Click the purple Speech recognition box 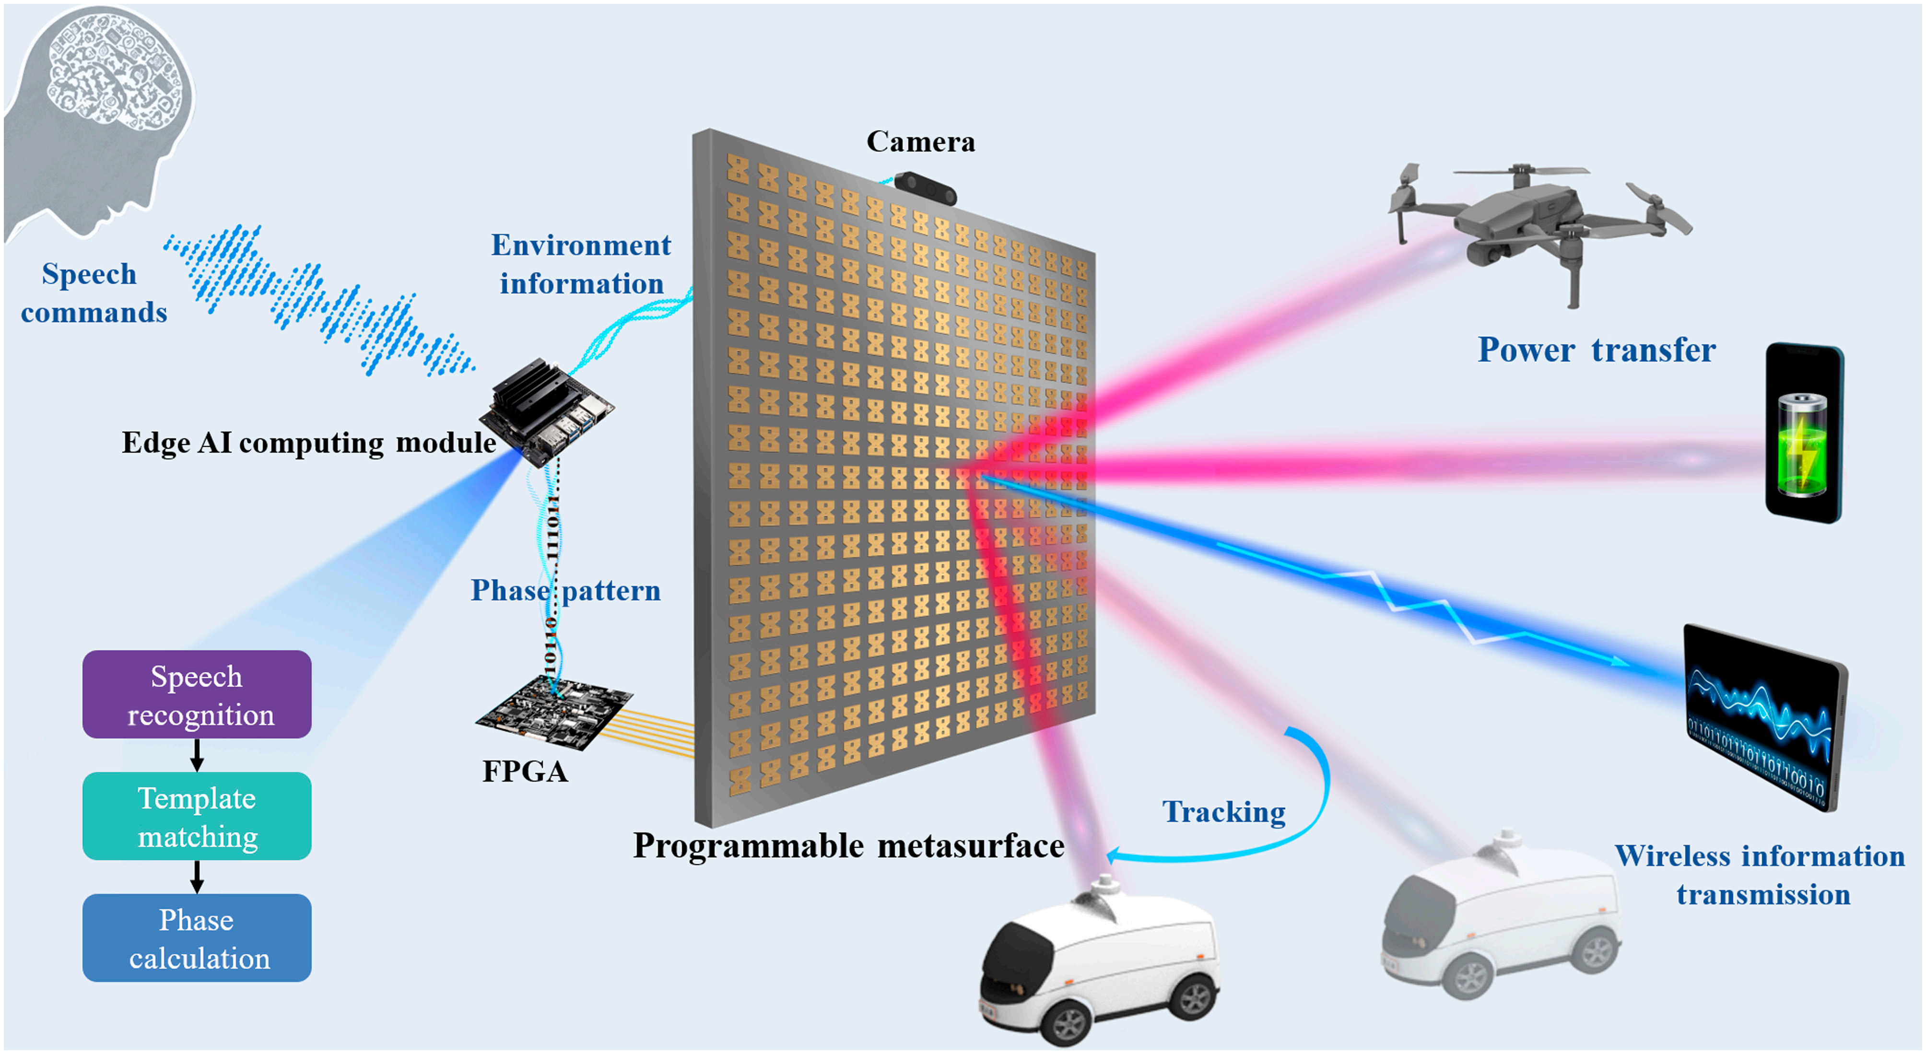197,694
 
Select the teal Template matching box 197,816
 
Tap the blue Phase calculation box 197,938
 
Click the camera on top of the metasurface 926,189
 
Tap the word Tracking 1224,812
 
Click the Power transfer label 1596,350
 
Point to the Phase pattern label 565,591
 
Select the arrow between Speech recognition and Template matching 197,755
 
